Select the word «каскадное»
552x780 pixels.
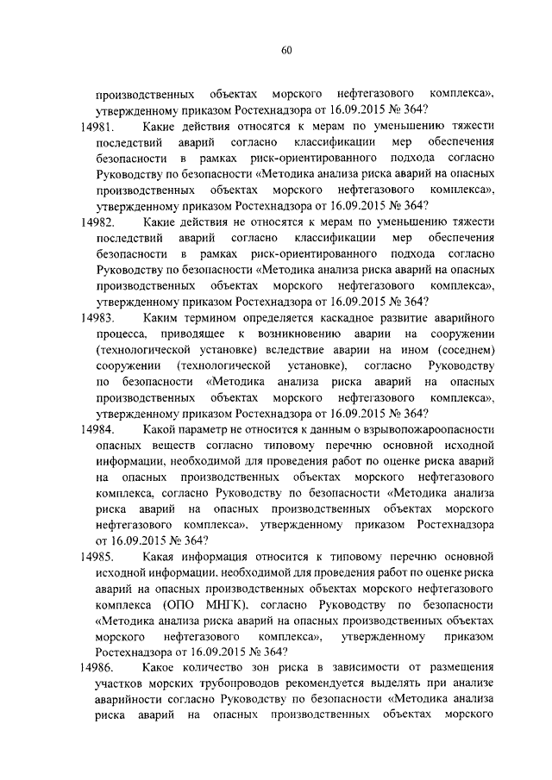334,319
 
